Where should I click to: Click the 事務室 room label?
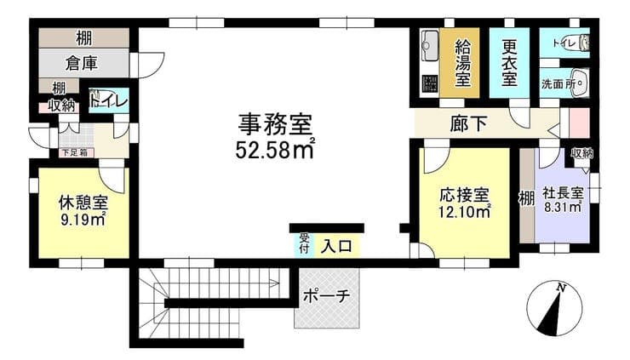(x=275, y=124)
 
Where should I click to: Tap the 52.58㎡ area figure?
(x=275, y=150)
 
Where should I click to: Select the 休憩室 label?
(x=83, y=203)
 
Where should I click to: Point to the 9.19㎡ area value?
(x=83, y=219)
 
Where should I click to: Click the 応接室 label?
(x=464, y=195)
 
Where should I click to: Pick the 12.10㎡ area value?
(x=465, y=211)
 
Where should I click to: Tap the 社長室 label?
(x=563, y=193)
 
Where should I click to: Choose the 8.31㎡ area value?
(x=563, y=207)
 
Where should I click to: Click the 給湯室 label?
(x=462, y=63)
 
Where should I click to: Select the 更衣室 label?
(x=509, y=63)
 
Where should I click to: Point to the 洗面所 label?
(x=558, y=84)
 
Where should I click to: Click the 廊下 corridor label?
(x=468, y=123)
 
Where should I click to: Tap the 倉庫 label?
(x=82, y=64)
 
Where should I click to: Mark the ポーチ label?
(x=326, y=296)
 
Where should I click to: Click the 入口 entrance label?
(x=336, y=246)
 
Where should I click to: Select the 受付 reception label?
(x=304, y=243)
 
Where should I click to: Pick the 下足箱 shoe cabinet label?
(x=74, y=152)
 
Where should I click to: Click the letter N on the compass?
(x=561, y=288)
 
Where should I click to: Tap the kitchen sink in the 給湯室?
(x=430, y=45)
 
